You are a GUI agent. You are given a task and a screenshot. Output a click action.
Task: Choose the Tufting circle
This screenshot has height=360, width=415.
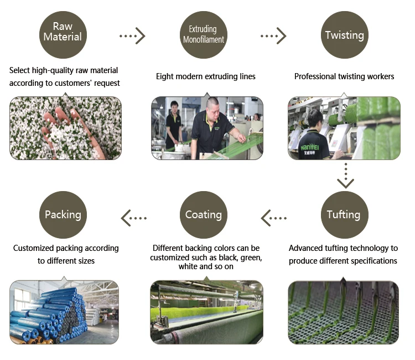coord(344,215)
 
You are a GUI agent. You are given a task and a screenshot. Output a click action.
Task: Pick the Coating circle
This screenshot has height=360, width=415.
coord(203,215)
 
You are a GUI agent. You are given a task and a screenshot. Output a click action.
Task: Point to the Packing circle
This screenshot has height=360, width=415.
coord(63,215)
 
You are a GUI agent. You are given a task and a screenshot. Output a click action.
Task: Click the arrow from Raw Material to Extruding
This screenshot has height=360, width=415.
coord(133,36)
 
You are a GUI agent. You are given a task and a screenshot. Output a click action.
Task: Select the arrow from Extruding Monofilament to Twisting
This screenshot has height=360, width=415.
coord(273,36)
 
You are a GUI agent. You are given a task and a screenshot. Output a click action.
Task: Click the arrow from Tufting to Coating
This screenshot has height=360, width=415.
coord(273,218)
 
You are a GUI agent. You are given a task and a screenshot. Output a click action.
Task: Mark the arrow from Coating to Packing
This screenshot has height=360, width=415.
coord(133,218)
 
